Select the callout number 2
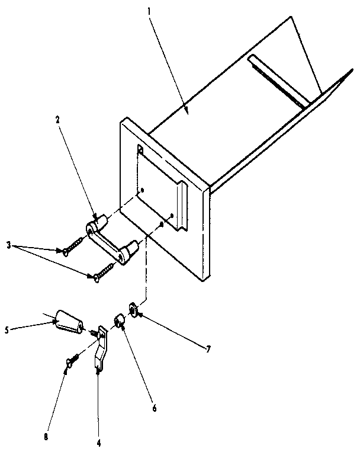click(x=57, y=119)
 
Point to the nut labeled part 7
click(x=133, y=309)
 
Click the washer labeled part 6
click(x=118, y=322)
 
